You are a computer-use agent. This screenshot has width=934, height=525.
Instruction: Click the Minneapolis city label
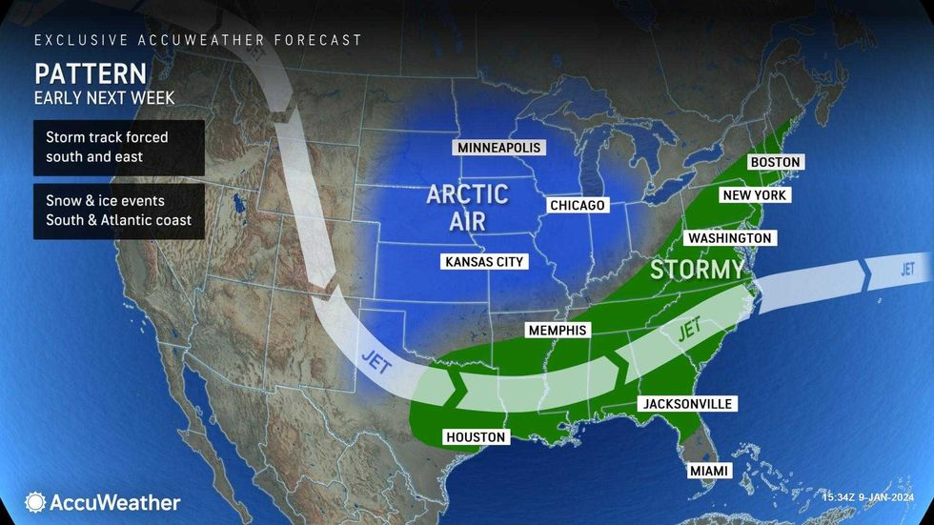click(498, 148)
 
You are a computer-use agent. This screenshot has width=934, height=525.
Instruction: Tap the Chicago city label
click(578, 206)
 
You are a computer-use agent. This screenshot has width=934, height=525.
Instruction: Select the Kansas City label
click(484, 261)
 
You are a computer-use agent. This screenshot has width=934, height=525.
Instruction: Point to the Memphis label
click(558, 330)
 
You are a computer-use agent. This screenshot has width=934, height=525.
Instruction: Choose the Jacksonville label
click(687, 404)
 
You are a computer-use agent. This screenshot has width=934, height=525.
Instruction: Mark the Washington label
click(729, 237)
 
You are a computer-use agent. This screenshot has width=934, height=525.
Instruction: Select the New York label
click(753, 194)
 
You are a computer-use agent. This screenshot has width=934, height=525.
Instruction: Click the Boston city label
click(775, 162)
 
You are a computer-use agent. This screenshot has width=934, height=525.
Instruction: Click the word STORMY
click(696, 271)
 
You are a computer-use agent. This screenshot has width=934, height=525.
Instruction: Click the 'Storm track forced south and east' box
click(119, 148)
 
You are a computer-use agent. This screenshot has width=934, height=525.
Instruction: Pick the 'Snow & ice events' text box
click(119, 212)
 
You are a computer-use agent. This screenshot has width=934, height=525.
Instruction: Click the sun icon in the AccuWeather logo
click(35, 502)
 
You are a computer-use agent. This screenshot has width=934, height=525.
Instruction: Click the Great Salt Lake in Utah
click(234, 204)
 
